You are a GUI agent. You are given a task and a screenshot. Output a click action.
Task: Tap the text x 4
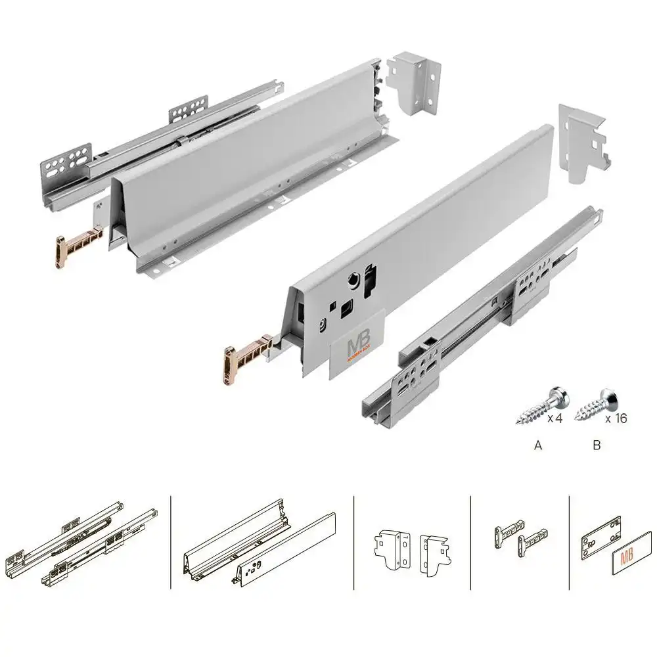(x=555, y=418)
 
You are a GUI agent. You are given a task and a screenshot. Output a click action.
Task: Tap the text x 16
(x=616, y=418)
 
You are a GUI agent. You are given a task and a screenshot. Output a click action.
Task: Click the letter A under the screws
(x=538, y=445)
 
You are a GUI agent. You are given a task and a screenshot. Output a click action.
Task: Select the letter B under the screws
(x=597, y=445)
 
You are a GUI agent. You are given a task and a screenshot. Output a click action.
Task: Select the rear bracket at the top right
(x=582, y=141)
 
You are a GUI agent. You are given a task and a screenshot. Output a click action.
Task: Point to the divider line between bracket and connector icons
(x=471, y=542)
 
